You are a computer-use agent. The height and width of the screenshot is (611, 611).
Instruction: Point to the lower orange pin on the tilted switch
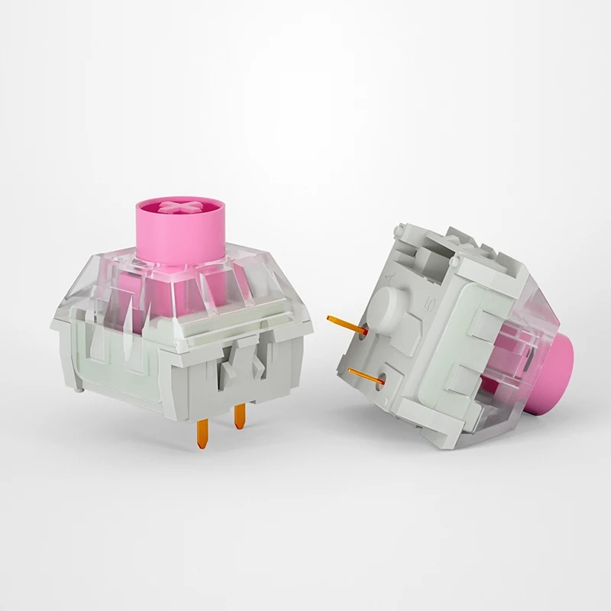[x=364, y=374]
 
